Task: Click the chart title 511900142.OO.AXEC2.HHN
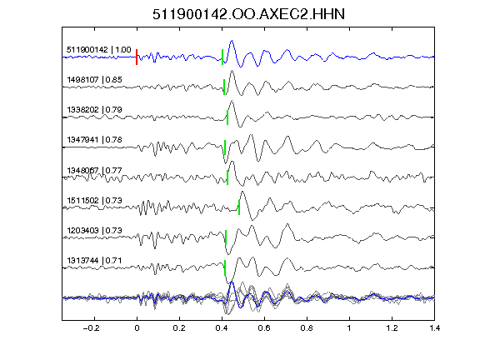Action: click(x=248, y=14)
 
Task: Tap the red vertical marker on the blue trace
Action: click(x=137, y=57)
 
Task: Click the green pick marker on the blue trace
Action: click(x=222, y=57)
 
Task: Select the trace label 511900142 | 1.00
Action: click(x=98, y=50)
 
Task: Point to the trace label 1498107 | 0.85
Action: click(x=94, y=80)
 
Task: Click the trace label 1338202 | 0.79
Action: click(x=94, y=110)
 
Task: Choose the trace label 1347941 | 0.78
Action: click(x=94, y=140)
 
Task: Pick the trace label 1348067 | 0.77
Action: click(x=94, y=170)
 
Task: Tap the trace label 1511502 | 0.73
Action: click(x=94, y=200)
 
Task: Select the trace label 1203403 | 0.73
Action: click(x=94, y=230)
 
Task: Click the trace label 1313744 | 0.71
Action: click(x=94, y=260)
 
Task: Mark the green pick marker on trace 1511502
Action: click(x=239, y=207)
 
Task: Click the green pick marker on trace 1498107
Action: click(x=224, y=87)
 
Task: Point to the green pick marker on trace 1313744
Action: click(x=225, y=267)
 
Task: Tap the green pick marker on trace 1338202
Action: click(x=227, y=117)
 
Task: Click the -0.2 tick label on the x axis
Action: click(x=91, y=328)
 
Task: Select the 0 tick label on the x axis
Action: click(x=137, y=328)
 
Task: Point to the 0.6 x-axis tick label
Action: click(x=264, y=328)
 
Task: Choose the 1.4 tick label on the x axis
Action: click(x=434, y=328)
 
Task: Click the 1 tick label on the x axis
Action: click(x=349, y=328)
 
